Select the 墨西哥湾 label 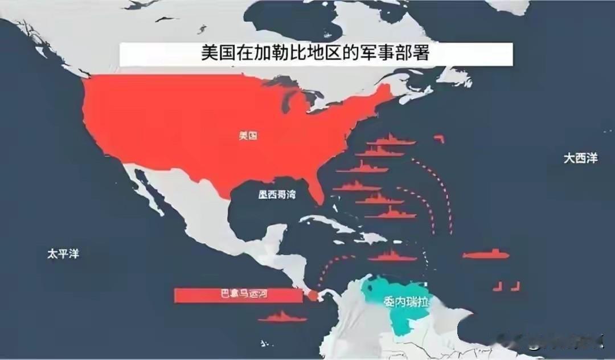(x=277, y=195)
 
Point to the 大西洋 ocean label (x=581, y=159)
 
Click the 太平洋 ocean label (x=63, y=254)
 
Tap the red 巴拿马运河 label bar (x=237, y=295)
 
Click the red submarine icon (x=486, y=254)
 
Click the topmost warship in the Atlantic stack (x=390, y=140)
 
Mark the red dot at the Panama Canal (x=313, y=295)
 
